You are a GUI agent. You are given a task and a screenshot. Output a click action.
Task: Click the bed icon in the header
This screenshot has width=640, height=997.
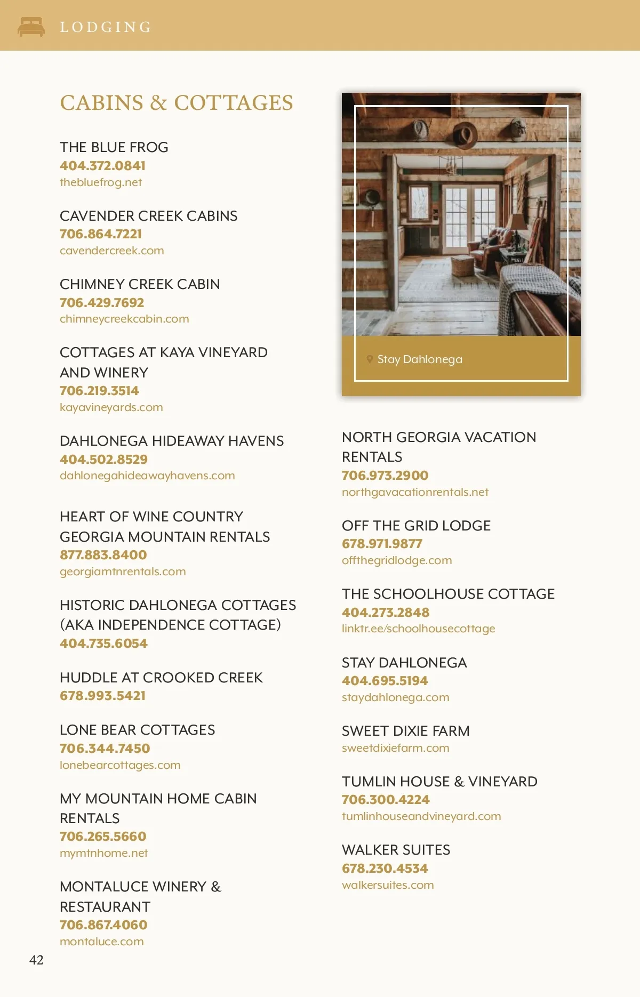[x=31, y=27]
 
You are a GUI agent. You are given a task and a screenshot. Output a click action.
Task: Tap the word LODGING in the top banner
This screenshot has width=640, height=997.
[x=106, y=27]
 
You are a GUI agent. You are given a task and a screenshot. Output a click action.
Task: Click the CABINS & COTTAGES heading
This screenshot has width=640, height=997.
[x=176, y=103]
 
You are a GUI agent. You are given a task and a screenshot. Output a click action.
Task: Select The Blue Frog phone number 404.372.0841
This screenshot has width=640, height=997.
[x=102, y=166]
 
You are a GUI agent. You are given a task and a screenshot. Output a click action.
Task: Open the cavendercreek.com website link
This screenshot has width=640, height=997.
[x=112, y=251]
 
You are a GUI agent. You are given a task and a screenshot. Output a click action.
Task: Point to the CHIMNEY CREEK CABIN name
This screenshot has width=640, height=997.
[x=140, y=284]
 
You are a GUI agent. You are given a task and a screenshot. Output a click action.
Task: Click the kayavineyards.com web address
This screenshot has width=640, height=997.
[x=111, y=407]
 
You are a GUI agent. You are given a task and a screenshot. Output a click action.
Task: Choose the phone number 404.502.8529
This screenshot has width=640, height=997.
[x=103, y=460]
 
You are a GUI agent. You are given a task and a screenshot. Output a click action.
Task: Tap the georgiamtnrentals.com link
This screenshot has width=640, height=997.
[x=123, y=572]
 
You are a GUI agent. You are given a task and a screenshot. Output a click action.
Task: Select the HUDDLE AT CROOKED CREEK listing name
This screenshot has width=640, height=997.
[x=161, y=678]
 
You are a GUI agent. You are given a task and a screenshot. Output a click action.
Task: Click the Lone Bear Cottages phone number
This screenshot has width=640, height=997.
[x=105, y=749]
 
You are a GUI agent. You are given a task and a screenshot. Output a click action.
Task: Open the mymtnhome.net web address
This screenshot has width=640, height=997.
[x=103, y=853]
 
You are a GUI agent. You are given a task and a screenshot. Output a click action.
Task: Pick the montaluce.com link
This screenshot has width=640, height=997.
[x=102, y=942]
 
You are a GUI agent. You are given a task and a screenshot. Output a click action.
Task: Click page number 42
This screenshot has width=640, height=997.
[x=36, y=960]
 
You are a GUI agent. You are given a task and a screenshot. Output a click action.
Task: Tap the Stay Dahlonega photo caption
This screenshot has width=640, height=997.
[x=420, y=359]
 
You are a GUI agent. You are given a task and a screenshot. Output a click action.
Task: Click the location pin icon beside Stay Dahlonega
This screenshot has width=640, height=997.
[x=370, y=359]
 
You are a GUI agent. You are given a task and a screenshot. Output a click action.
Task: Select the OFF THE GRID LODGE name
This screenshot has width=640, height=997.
[x=416, y=526]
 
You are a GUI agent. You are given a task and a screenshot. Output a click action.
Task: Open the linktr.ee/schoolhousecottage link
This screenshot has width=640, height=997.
[x=418, y=629]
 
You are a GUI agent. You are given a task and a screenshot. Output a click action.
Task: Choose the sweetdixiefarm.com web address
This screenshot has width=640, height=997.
[x=395, y=748]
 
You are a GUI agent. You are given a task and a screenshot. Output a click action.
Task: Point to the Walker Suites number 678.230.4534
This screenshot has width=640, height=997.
[x=385, y=869]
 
